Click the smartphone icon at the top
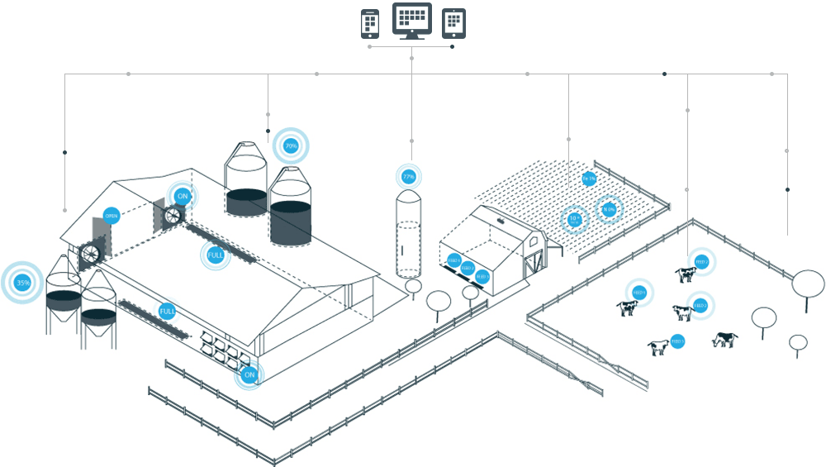370,24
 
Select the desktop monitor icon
411,21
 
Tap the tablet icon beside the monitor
453,24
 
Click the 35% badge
23,283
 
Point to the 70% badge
291,146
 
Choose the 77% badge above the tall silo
408,177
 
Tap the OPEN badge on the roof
111,217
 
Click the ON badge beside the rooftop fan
183,197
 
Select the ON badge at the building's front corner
249,375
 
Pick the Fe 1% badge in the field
589,179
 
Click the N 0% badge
609,210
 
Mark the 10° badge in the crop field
574,220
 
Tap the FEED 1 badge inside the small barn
453,260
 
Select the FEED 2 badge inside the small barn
468,268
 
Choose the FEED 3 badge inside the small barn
482,276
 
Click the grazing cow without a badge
724,340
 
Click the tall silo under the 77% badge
408,236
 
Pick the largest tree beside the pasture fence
808,284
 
